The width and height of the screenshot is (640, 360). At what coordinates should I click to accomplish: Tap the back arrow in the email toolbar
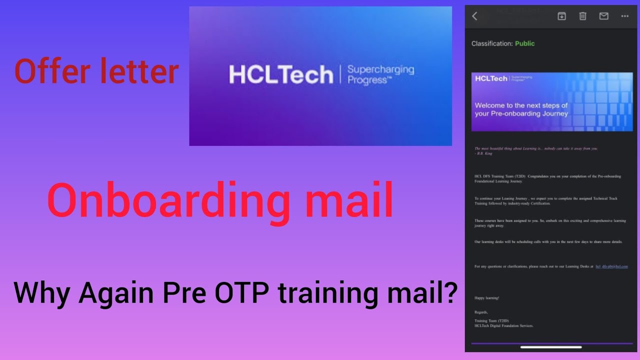[474, 16]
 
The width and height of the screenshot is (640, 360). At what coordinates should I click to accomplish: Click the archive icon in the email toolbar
[561, 16]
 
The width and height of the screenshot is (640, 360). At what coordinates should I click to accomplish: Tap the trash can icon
[582, 16]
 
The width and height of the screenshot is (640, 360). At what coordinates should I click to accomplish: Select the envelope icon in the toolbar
[603, 16]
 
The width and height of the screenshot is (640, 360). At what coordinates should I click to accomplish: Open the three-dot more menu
[624, 16]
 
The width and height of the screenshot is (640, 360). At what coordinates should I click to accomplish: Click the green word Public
[524, 43]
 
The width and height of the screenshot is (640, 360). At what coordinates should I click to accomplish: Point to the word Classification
[492, 43]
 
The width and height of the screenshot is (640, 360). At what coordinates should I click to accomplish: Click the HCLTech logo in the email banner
[490, 78]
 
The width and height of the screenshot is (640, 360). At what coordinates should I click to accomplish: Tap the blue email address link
[611, 266]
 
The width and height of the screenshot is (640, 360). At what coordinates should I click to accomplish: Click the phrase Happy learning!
[486, 298]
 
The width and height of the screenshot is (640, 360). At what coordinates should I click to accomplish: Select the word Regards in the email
[481, 312]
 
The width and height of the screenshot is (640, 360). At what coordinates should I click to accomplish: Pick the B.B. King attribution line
[483, 153]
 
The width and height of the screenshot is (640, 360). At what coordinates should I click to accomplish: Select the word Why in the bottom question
[42, 293]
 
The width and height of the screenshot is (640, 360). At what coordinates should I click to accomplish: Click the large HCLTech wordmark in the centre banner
[281, 75]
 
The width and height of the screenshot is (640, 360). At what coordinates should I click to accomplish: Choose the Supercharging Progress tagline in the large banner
[380, 75]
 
